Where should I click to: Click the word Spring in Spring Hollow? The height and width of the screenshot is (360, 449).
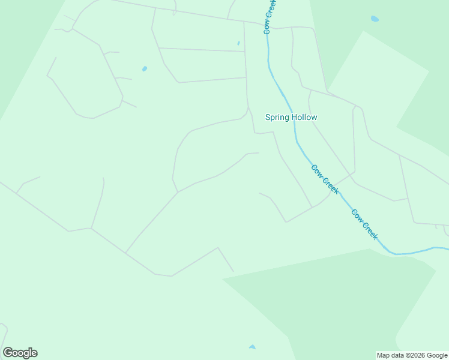tap(278, 118)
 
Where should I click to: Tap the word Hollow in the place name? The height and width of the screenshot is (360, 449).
tap(304, 118)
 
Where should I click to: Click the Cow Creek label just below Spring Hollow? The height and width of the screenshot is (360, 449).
tap(325, 179)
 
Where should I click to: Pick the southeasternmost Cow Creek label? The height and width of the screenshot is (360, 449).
tap(364, 224)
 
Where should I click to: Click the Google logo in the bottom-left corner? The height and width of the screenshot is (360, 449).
tap(20, 353)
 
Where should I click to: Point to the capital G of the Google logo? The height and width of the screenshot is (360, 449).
tap(8, 353)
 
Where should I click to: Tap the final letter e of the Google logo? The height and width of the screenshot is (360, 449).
tap(34, 353)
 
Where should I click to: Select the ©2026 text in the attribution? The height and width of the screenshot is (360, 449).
tap(415, 355)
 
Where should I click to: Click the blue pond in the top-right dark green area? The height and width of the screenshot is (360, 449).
tap(375, 19)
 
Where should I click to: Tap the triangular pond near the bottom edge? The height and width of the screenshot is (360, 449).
tap(252, 347)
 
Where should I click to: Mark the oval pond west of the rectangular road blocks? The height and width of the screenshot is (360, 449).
tap(145, 69)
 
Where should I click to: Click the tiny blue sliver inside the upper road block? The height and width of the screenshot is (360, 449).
tap(238, 43)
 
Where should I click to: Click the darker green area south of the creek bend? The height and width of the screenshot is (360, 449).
tap(336, 300)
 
